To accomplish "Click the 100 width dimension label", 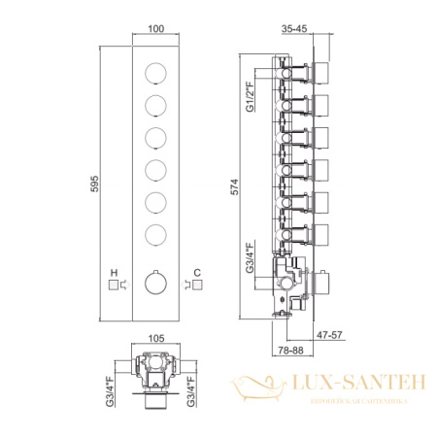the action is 156,28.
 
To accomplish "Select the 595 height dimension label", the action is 94,184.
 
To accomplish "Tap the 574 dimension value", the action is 234,186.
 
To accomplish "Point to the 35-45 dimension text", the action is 294,28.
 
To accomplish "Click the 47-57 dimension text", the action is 329,335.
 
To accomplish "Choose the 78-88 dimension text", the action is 290,351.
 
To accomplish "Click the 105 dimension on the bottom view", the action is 156,338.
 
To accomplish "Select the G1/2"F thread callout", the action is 251,97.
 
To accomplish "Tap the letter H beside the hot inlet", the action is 114,273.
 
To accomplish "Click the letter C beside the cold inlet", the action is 197,273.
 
